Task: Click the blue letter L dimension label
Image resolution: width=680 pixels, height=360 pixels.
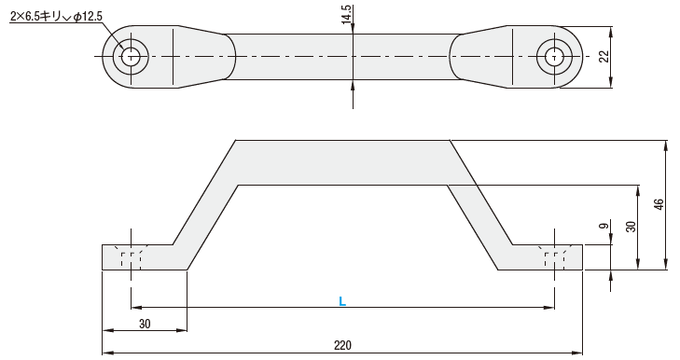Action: point(342,301)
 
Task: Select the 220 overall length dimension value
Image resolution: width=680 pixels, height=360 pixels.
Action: point(342,346)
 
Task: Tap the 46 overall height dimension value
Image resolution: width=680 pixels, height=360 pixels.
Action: point(659,204)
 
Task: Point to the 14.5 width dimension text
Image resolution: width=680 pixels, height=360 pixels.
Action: point(346,14)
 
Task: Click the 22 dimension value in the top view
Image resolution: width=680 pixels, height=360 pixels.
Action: point(604,57)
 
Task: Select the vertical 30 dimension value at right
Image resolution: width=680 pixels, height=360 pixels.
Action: point(631,227)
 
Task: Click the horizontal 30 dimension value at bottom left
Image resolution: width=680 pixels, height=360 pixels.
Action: point(145,324)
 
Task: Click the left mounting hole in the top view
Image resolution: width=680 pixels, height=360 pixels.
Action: point(131,57)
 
